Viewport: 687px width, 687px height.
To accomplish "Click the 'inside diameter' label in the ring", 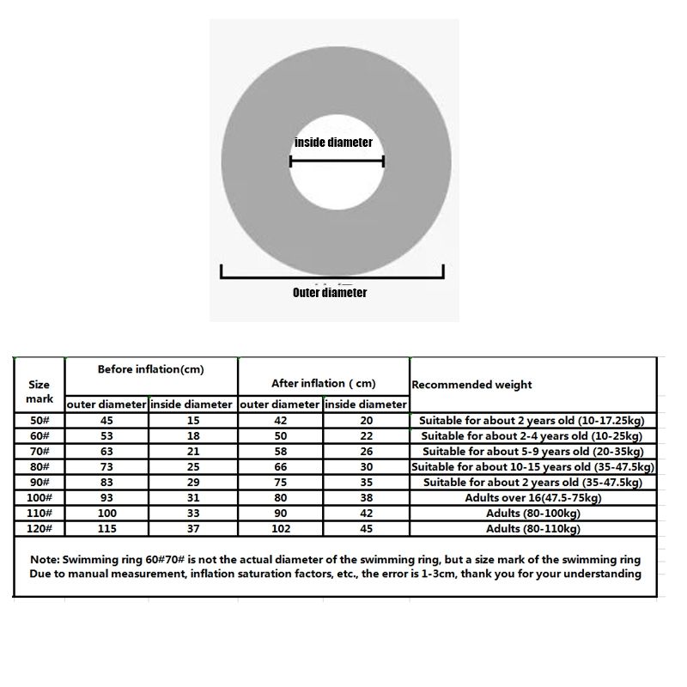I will pos(333,142).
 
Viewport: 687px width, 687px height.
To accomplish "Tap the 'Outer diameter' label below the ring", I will pos(330,293).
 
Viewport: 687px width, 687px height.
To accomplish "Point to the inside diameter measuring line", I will pos(336,161).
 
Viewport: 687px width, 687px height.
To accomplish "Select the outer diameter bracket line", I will pos(333,277).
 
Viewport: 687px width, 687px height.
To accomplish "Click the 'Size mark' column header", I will pos(40,392).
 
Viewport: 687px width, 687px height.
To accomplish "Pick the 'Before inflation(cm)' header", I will pos(150,369).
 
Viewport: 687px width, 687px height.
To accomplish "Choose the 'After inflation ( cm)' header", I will pos(324,384).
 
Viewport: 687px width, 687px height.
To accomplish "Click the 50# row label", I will pos(40,421).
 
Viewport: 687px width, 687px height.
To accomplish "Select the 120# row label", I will pos(40,528).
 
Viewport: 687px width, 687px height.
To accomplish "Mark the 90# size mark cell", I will pos(40,482).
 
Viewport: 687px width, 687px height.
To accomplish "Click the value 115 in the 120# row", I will pos(106,528).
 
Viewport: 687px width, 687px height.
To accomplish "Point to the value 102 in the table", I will pos(281,528).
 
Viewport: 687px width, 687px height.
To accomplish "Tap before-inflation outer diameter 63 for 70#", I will pos(106,451).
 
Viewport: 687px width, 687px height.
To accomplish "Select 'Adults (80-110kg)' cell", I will pos(532,528).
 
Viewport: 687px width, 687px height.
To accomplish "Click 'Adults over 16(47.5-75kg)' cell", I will pos(532,497).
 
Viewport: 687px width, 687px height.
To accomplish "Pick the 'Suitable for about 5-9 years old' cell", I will pos(532,451).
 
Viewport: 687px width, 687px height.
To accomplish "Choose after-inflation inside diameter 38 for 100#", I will pos(366,497).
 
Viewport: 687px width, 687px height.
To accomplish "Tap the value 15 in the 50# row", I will pos(192,421).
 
